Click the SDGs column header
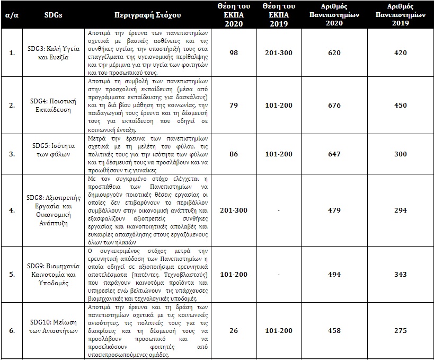pos(53,15)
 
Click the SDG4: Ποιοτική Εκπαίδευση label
pos(53,105)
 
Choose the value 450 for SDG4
pos(401,105)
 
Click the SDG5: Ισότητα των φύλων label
pos(53,154)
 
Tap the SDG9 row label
pos(53,274)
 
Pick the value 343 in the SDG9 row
pos(401,274)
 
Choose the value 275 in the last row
pos(401,331)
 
